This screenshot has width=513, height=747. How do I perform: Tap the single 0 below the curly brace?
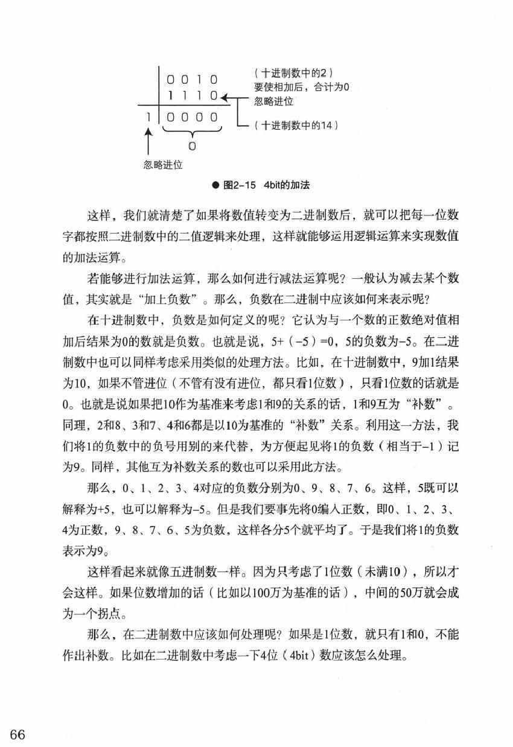[x=191, y=146]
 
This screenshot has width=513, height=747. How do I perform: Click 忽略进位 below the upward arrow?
[x=163, y=164]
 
